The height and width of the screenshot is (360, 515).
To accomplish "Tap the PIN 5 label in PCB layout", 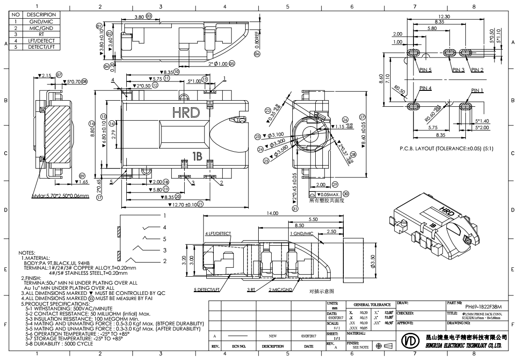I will [x=426, y=70].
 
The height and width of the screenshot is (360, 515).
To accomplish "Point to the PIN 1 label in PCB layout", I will [x=477, y=89].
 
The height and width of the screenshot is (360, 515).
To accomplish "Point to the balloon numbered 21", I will [x=200, y=204].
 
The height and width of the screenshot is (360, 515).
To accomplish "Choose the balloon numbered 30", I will [x=346, y=194].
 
